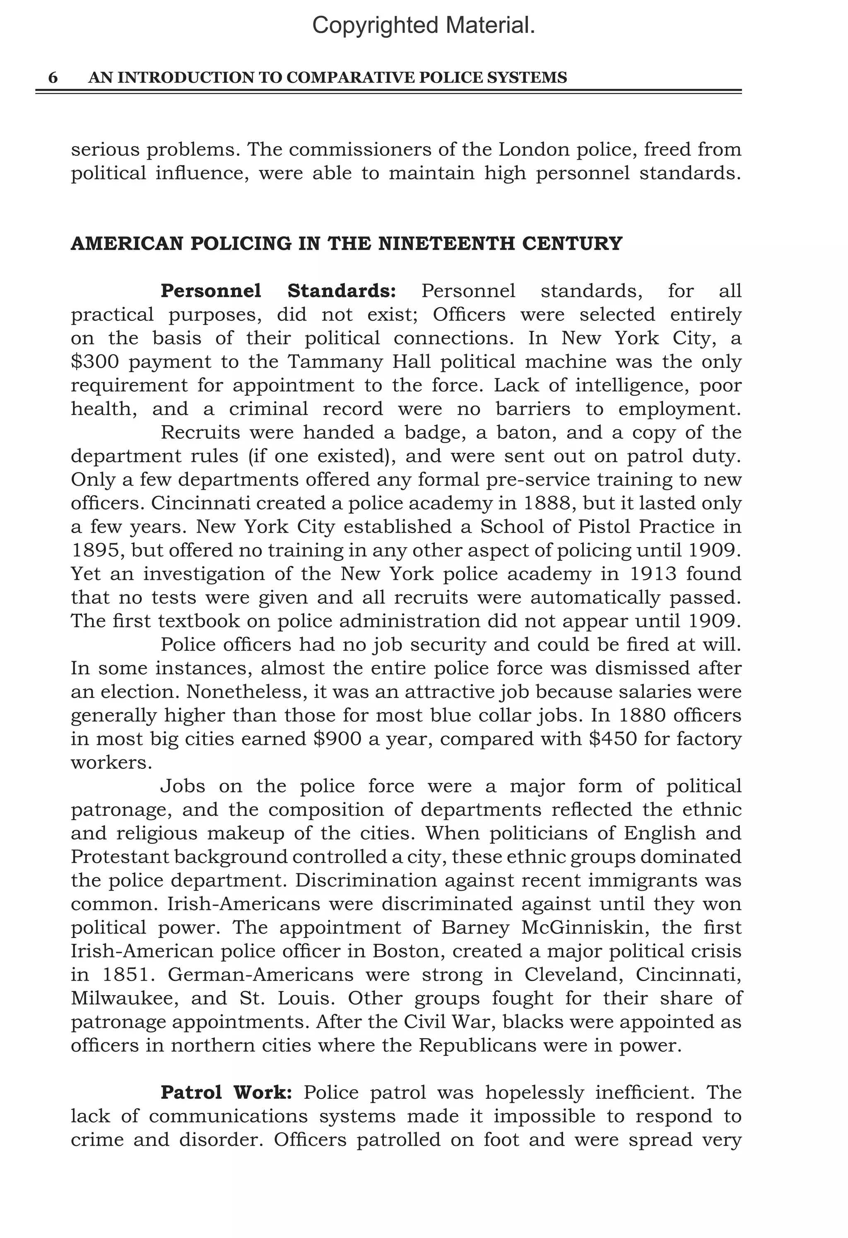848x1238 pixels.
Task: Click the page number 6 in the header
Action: pos(53,78)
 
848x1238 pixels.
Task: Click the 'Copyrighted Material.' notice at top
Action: pos(423,26)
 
